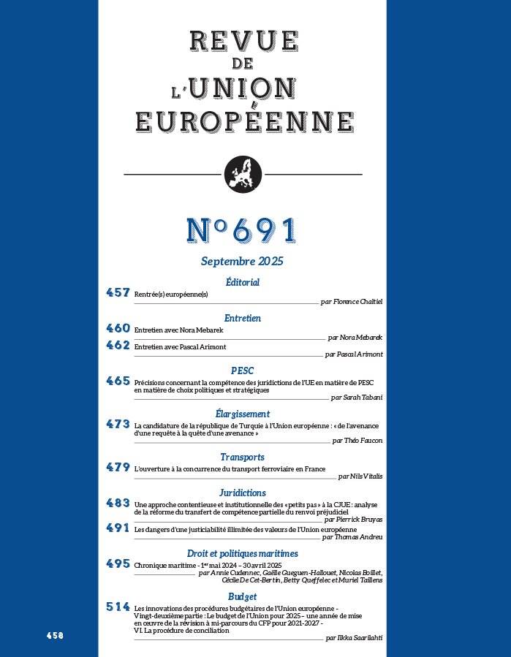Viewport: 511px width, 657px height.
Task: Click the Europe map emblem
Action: [x=242, y=175]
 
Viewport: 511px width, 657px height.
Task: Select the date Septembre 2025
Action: [x=242, y=261]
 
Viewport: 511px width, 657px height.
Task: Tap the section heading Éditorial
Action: [x=242, y=282]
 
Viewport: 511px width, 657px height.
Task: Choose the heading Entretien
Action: [x=242, y=318]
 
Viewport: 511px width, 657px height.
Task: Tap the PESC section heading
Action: [x=242, y=371]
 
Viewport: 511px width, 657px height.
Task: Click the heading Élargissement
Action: [x=242, y=414]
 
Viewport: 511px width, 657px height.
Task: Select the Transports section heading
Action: [x=242, y=457]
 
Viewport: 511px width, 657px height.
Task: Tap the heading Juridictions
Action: [x=242, y=493]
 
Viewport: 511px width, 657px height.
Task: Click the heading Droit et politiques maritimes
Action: [x=242, y=553]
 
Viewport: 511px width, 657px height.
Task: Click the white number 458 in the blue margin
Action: [x=54, y=636]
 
